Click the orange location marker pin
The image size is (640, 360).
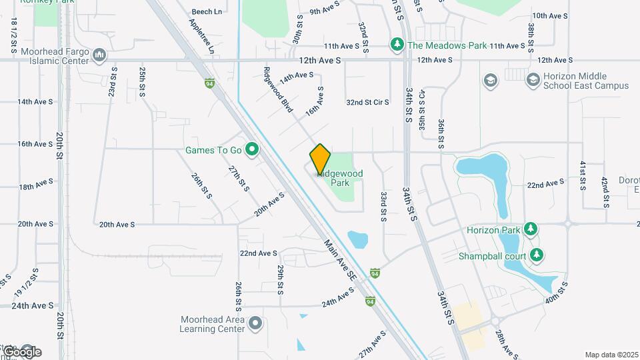coord(320,158)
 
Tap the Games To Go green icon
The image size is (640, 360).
coord(251,149)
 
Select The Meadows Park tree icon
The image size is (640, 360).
coord(397,45)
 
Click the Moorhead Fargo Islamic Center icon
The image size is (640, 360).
coord(99,55)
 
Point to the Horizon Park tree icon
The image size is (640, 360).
coord(531,229)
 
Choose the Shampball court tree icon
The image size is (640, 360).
coord(537,255)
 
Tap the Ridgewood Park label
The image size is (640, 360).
coord(340,177)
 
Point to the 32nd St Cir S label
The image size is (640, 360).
coord(367,102)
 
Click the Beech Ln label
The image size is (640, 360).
coord(207,12)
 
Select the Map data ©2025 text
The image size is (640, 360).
coord(611,355)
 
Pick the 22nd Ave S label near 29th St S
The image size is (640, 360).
coord(259,253)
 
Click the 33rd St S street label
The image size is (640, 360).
coord(384,207)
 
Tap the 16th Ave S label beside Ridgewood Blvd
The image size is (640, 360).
coord(315,101)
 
